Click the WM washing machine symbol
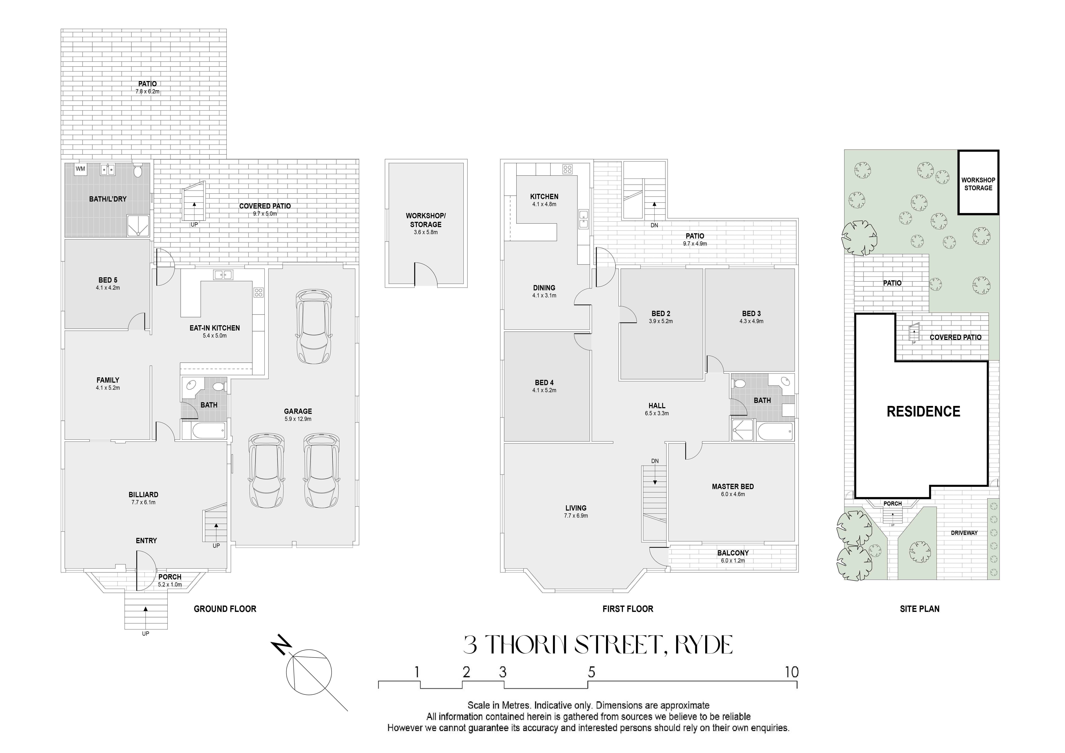pyautogui.click(x=80, y=169)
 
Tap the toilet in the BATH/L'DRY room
pyautogui.click(x=137, y=171)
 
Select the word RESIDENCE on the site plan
pyautogui.click(x=923, y=411)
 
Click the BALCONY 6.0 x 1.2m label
pyautogui.click(x=733, y=556)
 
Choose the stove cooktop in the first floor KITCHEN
pyautogui.click(x=567, y=169)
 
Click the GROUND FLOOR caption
pyautogui.click(x=225, y=609)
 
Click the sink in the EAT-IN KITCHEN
pyautogui.click(x=223, y=275)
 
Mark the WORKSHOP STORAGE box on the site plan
pyautogui.click(x=978, y=182)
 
